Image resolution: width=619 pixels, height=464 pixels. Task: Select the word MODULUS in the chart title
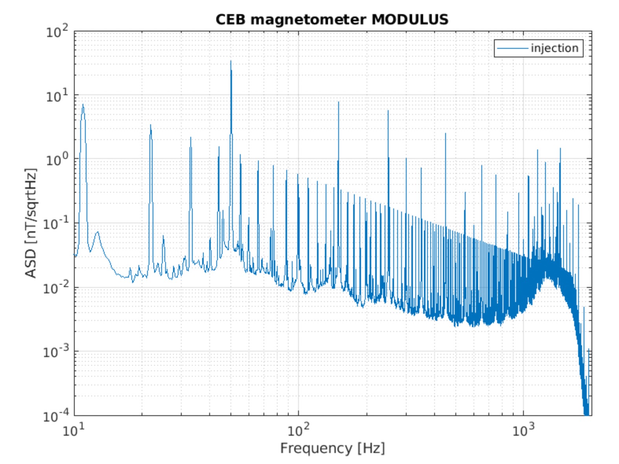[x=410, y=19]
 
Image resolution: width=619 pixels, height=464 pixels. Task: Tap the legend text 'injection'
[x=555, y=48]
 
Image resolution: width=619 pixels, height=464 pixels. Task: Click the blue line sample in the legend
[x=512, y=48]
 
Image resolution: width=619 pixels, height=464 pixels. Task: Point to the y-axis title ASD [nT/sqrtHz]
[x=31, y=223]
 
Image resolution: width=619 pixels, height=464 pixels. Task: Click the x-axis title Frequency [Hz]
[x=332, y=448]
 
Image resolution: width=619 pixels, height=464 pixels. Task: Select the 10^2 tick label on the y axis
[x=57, y=31]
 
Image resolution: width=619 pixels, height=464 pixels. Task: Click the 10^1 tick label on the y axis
[x=57, y=96]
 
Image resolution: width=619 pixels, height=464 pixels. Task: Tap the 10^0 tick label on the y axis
[x=57, y=160]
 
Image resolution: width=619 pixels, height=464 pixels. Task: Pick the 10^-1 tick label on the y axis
[x=55, y=224]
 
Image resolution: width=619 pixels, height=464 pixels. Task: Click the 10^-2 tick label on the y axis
[x=55, y=288]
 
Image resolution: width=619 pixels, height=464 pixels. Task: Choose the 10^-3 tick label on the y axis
[x=55, y=352]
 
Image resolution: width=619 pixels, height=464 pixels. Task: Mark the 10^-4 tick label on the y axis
[x=55, y=415]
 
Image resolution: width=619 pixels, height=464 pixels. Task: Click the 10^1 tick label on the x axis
[x=74, y=430]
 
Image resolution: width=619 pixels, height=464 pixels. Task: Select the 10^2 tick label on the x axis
[x=298, y=430]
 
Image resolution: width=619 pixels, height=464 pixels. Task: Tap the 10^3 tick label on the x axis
[x=523, y=430]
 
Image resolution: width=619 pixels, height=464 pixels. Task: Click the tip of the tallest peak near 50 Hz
[x=231, y=61]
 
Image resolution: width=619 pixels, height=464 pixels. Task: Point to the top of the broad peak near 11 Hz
[x=83, y=105]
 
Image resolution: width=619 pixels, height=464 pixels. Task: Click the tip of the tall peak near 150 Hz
[x=338, y=102]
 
